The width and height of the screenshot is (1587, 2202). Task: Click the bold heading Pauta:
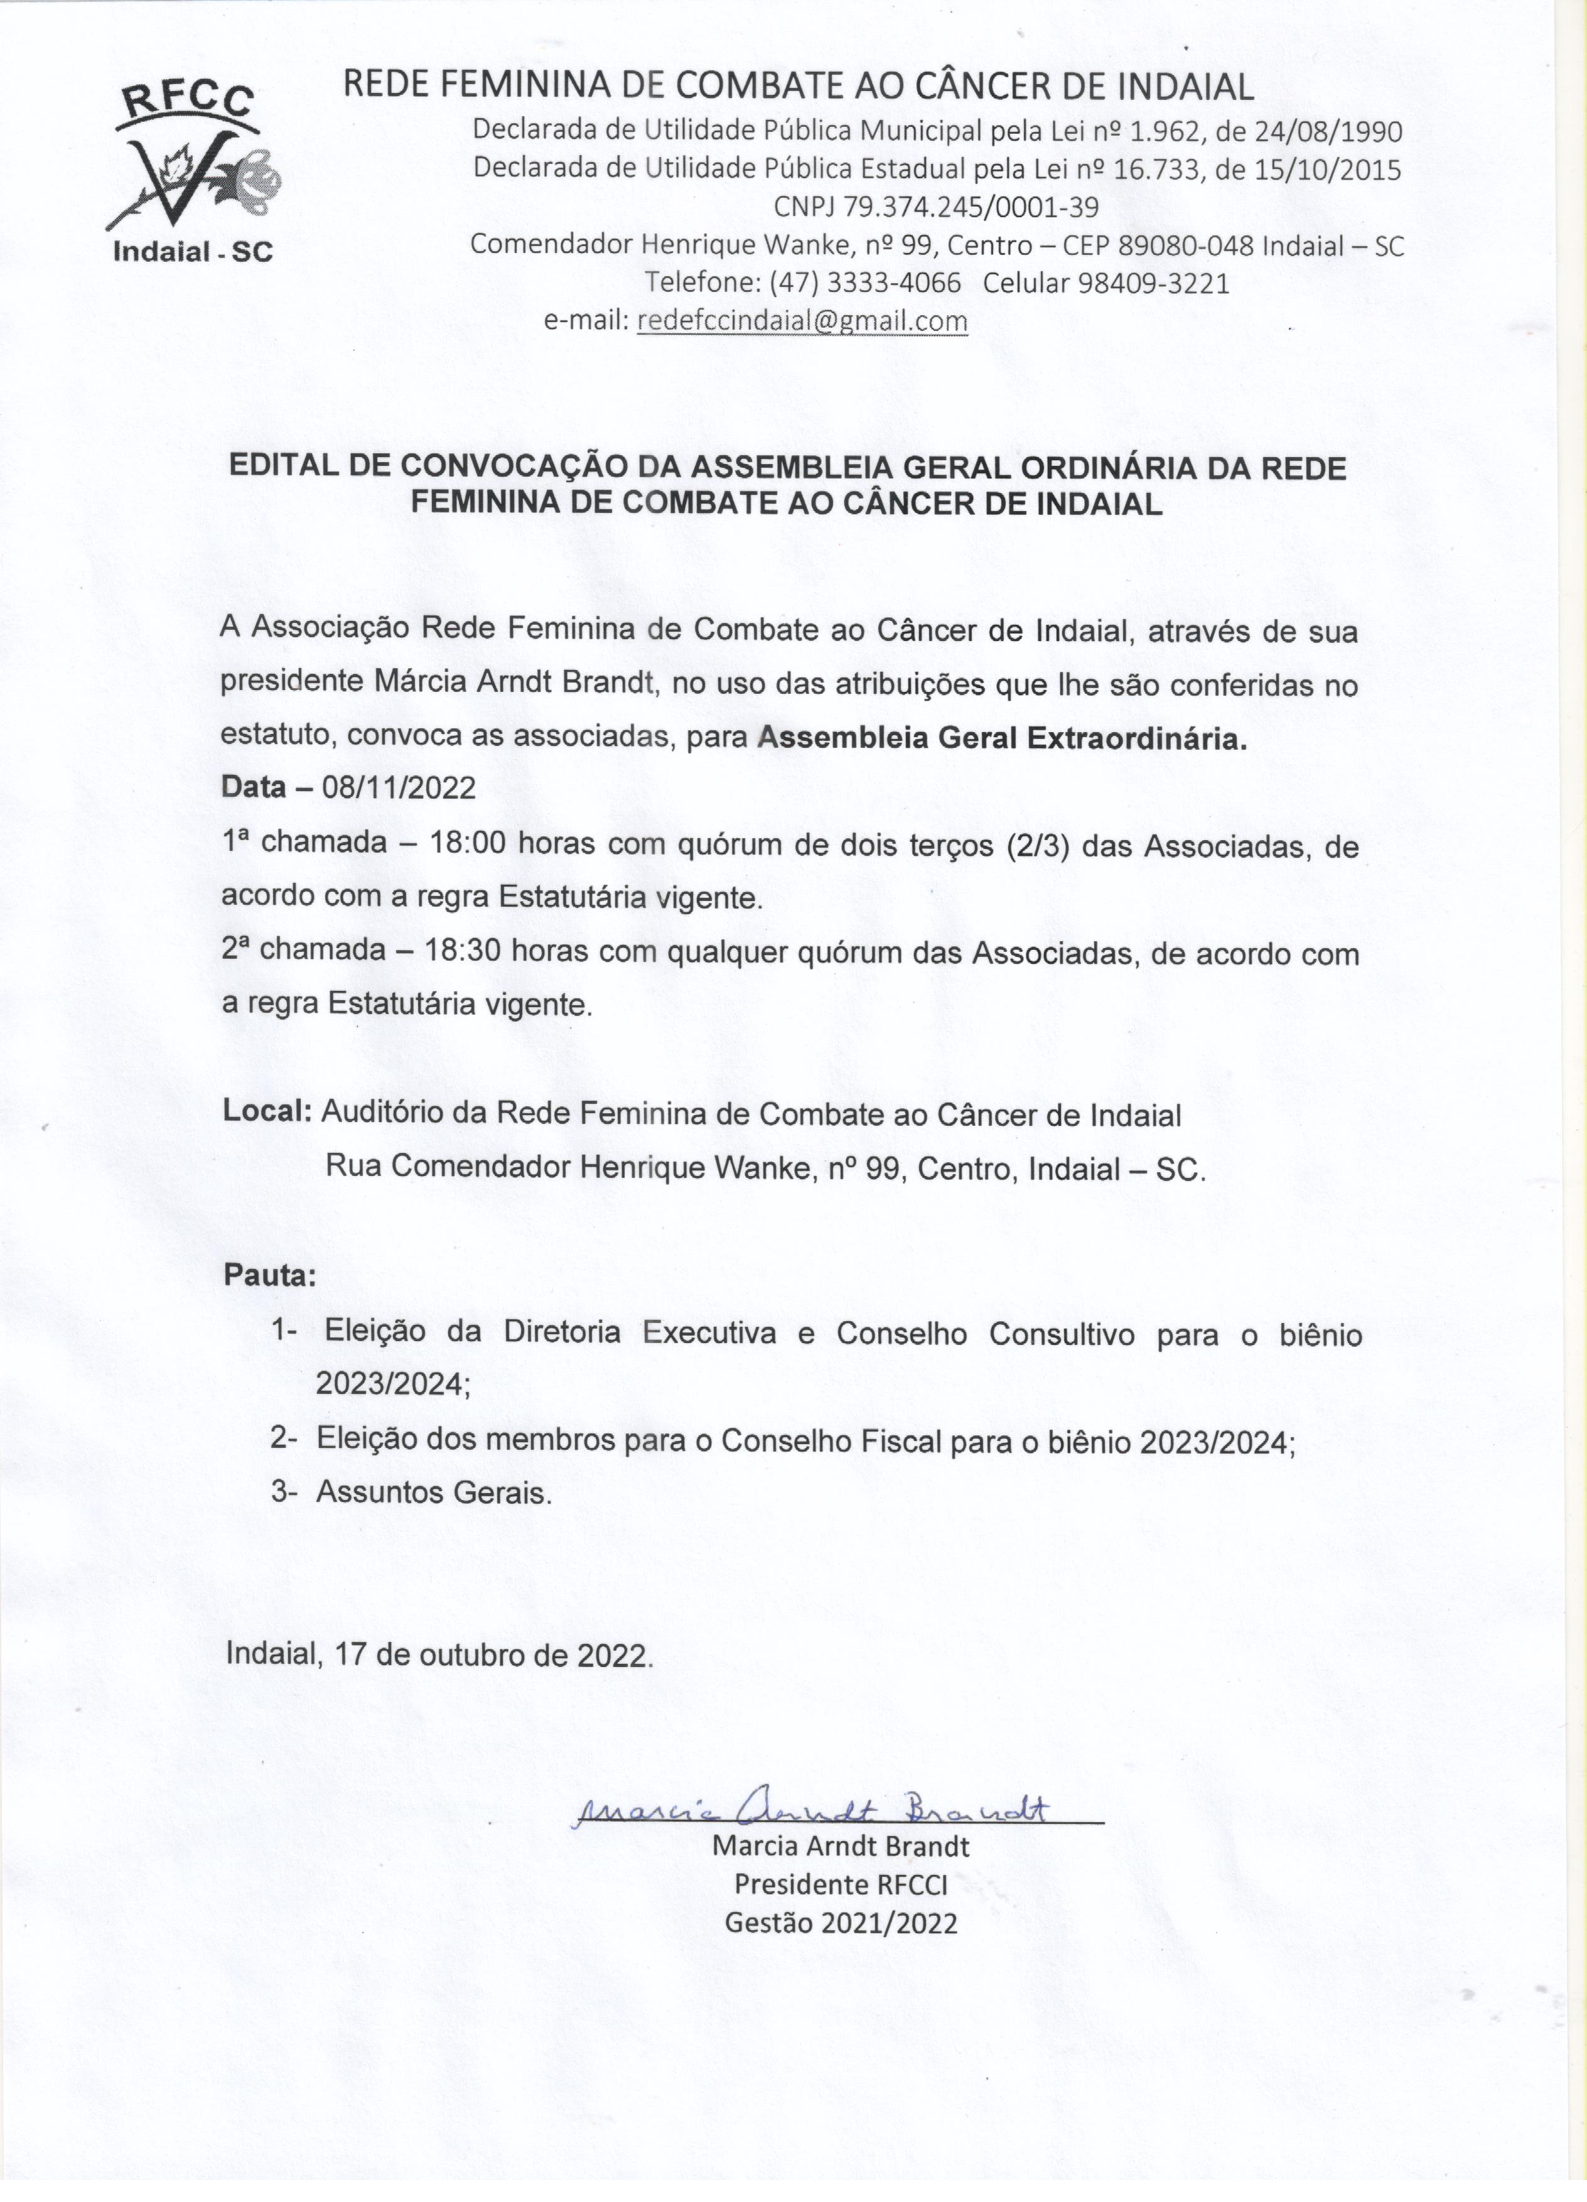[x=270, y=1275]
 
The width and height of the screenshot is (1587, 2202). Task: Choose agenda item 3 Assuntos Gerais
[x=433, y=1492]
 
